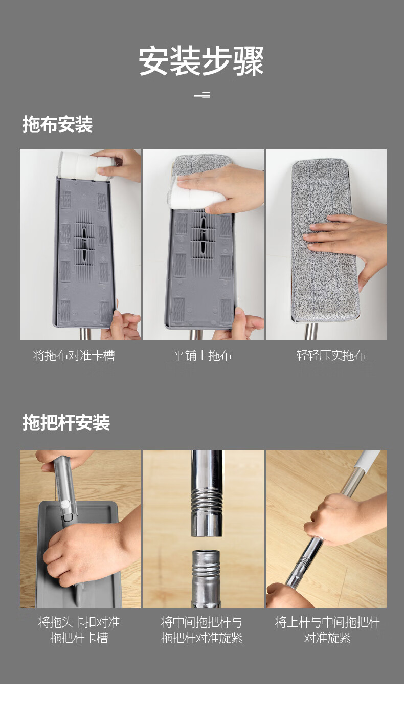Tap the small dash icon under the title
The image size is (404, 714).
tap(202, 95)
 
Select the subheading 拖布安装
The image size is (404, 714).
tap(57, 124)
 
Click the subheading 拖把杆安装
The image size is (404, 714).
tap(66, 423)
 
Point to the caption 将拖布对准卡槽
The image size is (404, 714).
tap(74, 355)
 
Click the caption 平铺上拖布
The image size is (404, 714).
tap(203, 355)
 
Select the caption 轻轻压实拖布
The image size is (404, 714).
tap(331, 355)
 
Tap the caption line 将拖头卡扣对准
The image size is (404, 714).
tap(79, 622)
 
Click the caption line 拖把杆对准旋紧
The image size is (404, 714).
tap(201, 638)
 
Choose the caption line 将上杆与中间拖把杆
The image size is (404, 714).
tap(327, 622)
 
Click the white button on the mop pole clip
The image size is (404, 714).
tap(65, 504)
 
